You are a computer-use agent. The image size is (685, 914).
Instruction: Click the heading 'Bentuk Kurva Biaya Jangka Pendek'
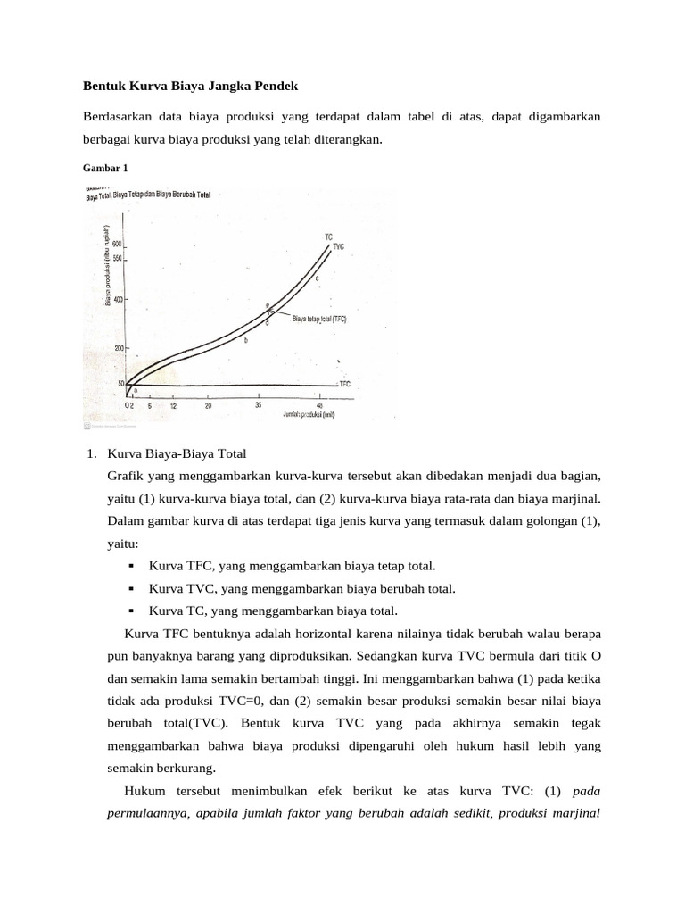[189, 86]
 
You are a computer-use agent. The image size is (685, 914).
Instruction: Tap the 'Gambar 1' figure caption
[105, 167]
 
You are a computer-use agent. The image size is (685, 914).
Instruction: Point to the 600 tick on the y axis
[117, 243]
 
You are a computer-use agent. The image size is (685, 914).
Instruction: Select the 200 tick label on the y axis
[119, 347]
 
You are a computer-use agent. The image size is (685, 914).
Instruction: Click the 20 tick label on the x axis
[208, 405]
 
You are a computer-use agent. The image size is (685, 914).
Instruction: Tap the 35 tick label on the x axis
[259, 405]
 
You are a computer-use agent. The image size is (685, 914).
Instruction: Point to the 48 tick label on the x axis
[319, 405]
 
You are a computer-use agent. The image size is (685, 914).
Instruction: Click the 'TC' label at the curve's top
[328, 237]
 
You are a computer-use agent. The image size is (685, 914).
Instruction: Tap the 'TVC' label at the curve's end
[338, 246]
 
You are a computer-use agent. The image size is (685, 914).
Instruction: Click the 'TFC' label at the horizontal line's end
[344, 384]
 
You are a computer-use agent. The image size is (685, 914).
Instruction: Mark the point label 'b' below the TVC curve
[245, 340]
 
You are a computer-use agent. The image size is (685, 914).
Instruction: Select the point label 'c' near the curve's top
[317, 278]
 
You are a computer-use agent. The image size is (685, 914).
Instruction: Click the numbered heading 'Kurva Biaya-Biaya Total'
[176, 454]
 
